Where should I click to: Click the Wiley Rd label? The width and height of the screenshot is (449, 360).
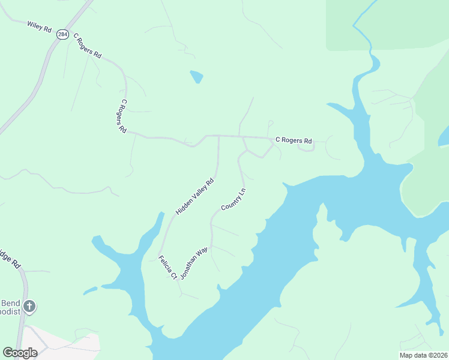click(39, 26)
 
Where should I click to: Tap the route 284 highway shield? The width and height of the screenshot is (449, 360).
click(63, 35)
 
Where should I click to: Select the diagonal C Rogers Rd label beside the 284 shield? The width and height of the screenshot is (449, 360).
click(87, 45)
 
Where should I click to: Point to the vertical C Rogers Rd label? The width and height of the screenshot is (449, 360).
click(122, 116)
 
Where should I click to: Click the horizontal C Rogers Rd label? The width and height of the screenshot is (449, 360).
click(294, 141)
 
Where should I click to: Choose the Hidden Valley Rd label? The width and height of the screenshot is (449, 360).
click(194, 197)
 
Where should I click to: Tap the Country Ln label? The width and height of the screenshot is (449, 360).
click(234, 200)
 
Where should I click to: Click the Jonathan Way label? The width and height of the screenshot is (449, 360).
click(194, 263)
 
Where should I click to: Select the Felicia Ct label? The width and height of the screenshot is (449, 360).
click(166, 268)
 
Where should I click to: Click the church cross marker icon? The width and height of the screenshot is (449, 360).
click(29, 307)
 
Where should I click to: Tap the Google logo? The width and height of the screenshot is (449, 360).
click(20, 352)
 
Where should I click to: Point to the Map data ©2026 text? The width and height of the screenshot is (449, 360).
click(423, 355)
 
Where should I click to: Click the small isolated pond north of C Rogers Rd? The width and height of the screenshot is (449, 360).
click(197, 77)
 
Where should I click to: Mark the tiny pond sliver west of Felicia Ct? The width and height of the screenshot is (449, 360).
click(89, 291)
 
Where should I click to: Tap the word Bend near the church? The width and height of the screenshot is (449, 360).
click(10, 302)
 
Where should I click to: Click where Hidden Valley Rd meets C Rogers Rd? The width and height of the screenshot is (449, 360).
click(218, 136)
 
